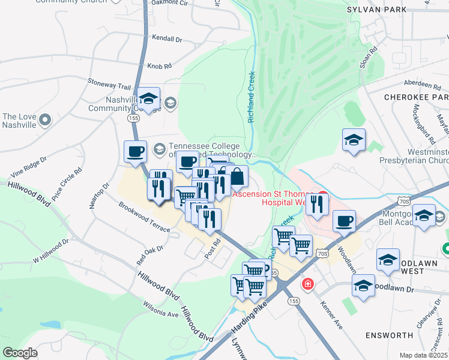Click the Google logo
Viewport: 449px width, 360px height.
(x=20, y=353)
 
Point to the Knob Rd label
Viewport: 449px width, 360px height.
(x=160, y=65)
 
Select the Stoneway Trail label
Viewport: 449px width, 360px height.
(x=109, y=87)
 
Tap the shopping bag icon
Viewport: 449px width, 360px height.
(x=237, y=176)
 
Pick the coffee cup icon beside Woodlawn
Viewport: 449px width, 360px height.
(x=344, y=221)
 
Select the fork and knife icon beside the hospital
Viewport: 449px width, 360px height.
(x=316, y=204)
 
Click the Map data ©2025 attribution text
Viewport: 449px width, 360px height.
(x=423, y=355)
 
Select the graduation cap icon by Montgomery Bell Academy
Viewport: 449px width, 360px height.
(x=424, y=216)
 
